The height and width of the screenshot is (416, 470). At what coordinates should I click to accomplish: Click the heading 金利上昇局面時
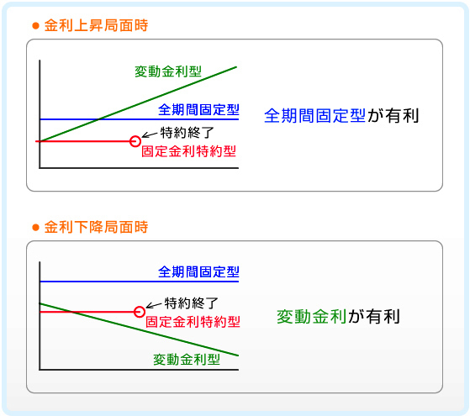click(x=96, y=25)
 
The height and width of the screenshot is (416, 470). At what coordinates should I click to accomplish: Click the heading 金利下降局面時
click(x=96, y=227)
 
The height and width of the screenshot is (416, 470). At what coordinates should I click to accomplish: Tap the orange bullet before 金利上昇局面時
click(x=35, y=26)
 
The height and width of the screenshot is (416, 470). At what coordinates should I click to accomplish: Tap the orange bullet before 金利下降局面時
click(x=35, y=228)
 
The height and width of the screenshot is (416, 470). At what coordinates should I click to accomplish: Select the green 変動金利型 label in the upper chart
click(x=168, y=71)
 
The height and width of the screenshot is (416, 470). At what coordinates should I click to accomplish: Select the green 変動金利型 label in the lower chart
click(x=187, y=360)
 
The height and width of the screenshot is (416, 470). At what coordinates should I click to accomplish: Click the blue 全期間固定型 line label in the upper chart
click(x=198, y=110)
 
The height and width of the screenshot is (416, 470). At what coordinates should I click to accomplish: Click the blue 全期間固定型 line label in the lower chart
click(x=198, y=271)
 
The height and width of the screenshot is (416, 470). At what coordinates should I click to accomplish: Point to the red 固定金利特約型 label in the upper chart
click(x=188, y=151)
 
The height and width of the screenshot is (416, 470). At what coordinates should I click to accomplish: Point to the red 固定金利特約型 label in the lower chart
click(x=193, y=322)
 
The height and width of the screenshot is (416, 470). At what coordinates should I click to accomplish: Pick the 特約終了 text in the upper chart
click(x=187, y=133)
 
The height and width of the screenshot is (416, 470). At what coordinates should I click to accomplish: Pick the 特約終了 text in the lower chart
click(x=192, y=303)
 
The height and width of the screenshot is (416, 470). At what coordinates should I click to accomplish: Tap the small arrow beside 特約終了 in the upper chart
click(x=150, y=135)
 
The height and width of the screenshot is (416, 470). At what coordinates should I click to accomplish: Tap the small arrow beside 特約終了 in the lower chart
click(x=154, y=305)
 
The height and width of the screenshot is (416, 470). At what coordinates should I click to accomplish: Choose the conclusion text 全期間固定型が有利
click(x=341, y=116)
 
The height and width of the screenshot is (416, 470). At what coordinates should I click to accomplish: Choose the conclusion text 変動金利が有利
click(x=338, y=317)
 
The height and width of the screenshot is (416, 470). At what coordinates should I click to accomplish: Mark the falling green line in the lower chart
click(x=139, y=329)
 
